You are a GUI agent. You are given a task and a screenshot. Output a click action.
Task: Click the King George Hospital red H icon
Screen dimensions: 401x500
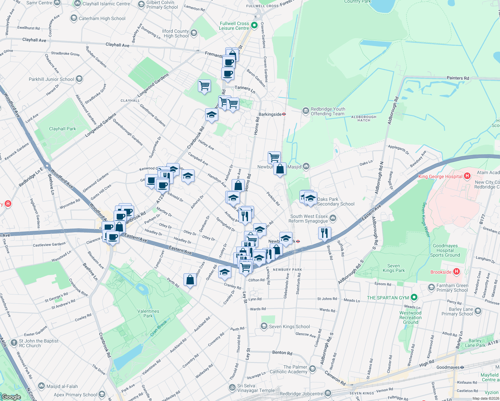click(x=467, y=176)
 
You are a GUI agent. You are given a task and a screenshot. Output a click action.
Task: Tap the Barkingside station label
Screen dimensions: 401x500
click(x=270, y=114)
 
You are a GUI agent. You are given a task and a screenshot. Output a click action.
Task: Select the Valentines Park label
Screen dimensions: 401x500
click(x=148, y=313)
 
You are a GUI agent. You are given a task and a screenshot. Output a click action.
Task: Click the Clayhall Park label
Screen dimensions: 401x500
click(x=62, y=129)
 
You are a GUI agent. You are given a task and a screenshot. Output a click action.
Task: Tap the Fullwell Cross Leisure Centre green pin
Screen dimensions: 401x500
click(x=254, y=25)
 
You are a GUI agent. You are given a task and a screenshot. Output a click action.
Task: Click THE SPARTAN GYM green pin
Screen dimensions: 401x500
click(x=414, y=297)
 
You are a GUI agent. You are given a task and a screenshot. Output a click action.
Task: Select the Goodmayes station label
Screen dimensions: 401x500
click(x=448, y=367)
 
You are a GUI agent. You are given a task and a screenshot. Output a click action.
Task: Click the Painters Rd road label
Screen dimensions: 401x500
click(x=458, y=78)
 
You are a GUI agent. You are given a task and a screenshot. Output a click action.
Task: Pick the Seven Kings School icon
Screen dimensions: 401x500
click(x=264, y=326)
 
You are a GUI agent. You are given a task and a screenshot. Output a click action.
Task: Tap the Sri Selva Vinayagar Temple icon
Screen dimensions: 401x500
click(x=232, y=387)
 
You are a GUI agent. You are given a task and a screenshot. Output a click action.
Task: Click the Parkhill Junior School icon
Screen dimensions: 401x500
click(x=79, y=79)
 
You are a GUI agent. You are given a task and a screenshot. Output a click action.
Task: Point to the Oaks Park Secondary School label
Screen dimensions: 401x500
click(x=336, y=202)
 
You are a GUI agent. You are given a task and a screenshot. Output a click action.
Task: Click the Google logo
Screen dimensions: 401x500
click(x=11, y=397)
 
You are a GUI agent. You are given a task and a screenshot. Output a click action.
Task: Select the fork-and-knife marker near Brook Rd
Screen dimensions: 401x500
click(x=324, y=233)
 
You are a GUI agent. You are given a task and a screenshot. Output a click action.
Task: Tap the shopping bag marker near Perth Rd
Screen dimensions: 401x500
click(x=190, y=280)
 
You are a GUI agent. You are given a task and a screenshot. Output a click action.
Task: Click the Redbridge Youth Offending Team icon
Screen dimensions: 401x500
click(x=305, y=111)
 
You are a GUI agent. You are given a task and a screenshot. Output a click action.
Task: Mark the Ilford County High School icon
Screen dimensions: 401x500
click(x=194, y=33)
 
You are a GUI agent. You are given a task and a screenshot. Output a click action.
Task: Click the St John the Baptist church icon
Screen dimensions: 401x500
click(x=14, y=343)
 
